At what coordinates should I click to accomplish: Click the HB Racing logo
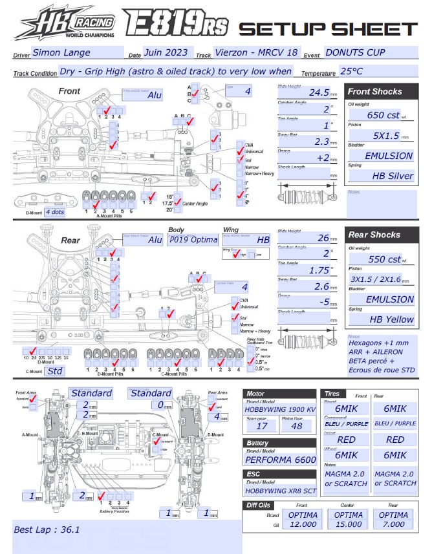click(65, 25)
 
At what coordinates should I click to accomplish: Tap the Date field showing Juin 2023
click(167, 52)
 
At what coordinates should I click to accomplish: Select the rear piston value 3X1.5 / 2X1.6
click(380, 279)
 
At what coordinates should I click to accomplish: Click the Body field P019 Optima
click(193, 239)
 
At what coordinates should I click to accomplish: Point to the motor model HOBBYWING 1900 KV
click(280, 409)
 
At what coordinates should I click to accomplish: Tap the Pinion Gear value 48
click(297, 426)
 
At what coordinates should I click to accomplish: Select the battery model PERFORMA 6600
click(280, 460)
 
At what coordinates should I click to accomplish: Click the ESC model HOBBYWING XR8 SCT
click(280, 490)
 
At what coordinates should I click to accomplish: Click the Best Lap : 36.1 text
click(47, 529)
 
